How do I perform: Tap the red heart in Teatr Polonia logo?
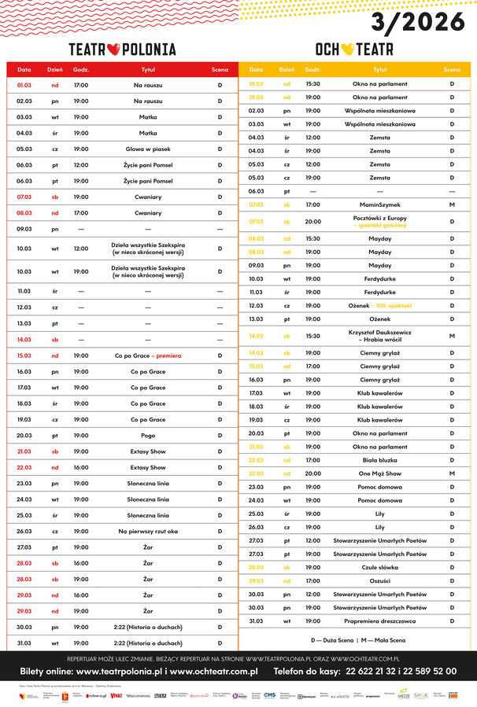[113, 50]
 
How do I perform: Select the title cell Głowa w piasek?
[149, 149]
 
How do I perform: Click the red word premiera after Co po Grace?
[168, 355]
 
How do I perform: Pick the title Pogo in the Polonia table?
[149, 435]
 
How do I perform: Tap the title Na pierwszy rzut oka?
[149, 531]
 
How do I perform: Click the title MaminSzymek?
[380, 204]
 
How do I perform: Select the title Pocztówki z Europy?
[380, 218]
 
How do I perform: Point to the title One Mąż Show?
[380, 473]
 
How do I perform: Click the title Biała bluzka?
[380, 460]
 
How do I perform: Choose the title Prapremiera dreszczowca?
[380, 620]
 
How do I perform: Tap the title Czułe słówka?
[380, 567]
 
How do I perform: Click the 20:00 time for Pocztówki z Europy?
[312, 222]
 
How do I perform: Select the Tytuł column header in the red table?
[149, 70]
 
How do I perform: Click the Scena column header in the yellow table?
[452, 70]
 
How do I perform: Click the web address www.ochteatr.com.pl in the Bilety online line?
[215, 672]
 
